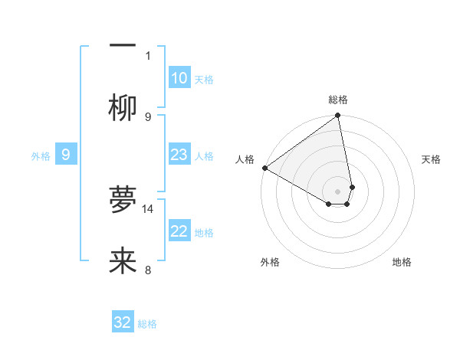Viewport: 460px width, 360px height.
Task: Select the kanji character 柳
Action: click(123, 108)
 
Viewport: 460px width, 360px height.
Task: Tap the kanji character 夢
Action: click(123, 200)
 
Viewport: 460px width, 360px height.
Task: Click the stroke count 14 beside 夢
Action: click(149, 208)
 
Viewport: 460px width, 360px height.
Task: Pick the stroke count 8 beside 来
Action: click(149, 270)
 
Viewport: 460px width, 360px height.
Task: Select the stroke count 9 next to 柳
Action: click(149, 116)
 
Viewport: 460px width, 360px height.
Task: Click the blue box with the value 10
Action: click(179, 78)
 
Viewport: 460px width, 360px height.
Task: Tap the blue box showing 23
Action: click(179, 155)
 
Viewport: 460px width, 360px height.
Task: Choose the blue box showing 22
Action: click(179, 231)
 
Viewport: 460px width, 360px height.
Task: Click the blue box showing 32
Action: click(123, 322)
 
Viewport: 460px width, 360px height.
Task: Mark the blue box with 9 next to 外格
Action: click(66, 155)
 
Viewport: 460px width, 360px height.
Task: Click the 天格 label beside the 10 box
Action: click(204, 80)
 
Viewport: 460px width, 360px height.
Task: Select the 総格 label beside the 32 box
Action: click(147, 324)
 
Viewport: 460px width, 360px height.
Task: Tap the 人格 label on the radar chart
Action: click(245, 159)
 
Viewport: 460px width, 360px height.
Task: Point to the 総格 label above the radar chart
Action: click(338, 100)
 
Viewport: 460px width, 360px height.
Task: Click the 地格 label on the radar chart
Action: click(402, 263)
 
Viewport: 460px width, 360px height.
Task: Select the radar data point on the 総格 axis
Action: click(338, 116)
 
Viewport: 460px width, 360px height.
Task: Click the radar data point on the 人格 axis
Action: click(264, 168)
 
